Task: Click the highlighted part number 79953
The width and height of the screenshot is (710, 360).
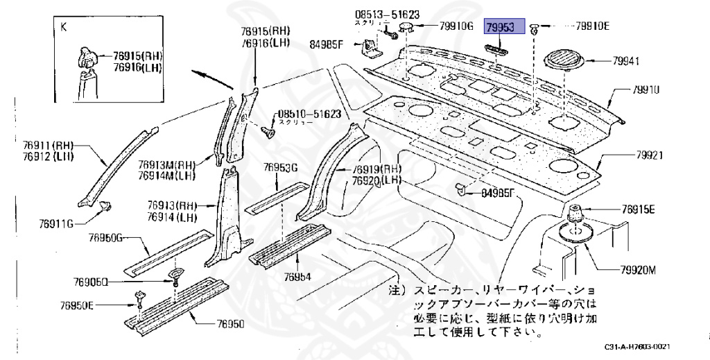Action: pyautogui.click(x=499, y=28)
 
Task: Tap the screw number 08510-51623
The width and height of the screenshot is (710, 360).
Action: pyautogui.click(x=310, y=114)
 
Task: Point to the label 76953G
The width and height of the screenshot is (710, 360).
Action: pyautogui.click(x=280, y=167)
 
